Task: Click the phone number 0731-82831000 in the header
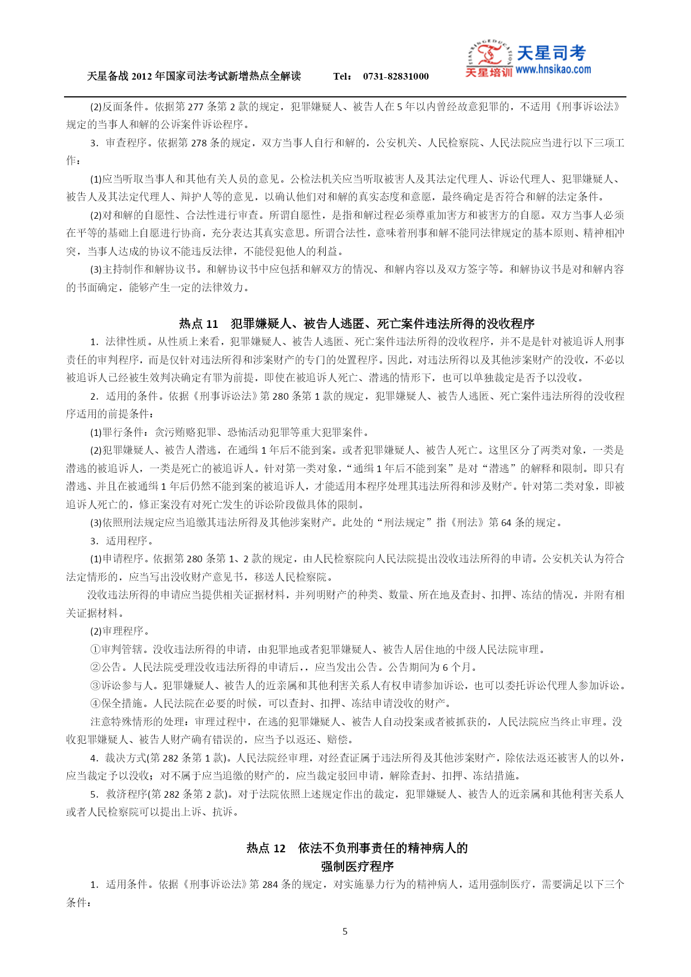point(396,76)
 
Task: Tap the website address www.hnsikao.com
point(553,70)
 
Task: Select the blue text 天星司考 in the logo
point(551,53)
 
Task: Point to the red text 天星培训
point(488,72)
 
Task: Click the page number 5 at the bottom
point(345,931)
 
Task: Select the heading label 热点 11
point(199,323)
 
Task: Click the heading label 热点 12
point(266,848)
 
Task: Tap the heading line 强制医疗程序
point(357,866)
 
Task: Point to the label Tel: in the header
point(342,76)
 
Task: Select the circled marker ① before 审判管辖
point(95,649)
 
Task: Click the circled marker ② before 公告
point(95,667)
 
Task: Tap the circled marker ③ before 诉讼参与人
point(95,685)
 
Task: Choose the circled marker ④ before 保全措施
point(95,703)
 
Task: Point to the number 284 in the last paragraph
point(270,884)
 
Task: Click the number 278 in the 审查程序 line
point(199,143)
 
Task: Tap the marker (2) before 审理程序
point(96,631)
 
